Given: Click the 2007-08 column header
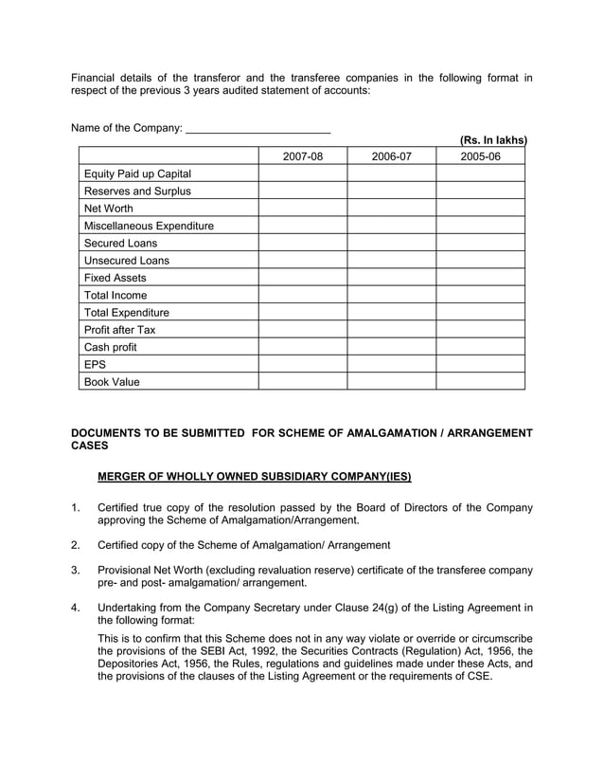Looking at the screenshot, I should click(x=303, y=156).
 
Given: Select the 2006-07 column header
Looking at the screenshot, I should click(x=391, y=156).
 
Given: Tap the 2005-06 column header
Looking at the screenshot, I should click(x=480, y=156).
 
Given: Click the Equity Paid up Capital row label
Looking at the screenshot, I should click(x=137, y=173).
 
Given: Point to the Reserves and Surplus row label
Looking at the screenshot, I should click(x=137, y=191).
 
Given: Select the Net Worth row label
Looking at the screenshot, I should click(x=109, y=209).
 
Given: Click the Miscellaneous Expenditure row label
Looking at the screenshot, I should click(x=149, y=226).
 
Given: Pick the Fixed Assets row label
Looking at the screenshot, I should click(x=115, y=278).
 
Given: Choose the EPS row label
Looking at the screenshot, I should click(x=96, y=364).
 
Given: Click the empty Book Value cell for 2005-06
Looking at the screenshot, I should click(x=480, y=381).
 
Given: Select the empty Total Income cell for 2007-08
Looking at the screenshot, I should click(x=303, y=295).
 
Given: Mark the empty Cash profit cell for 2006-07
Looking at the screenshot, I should click(x=391, y=347).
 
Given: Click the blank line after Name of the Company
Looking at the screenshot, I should click(x=258, y=128).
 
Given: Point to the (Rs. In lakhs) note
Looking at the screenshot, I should click(x=492, y=140).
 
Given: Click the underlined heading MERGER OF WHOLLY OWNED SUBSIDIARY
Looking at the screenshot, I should click(x=255, y=475).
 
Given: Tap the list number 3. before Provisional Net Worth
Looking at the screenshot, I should click(x=77, y=570).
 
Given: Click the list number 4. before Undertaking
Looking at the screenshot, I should click(x=77, y=607).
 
